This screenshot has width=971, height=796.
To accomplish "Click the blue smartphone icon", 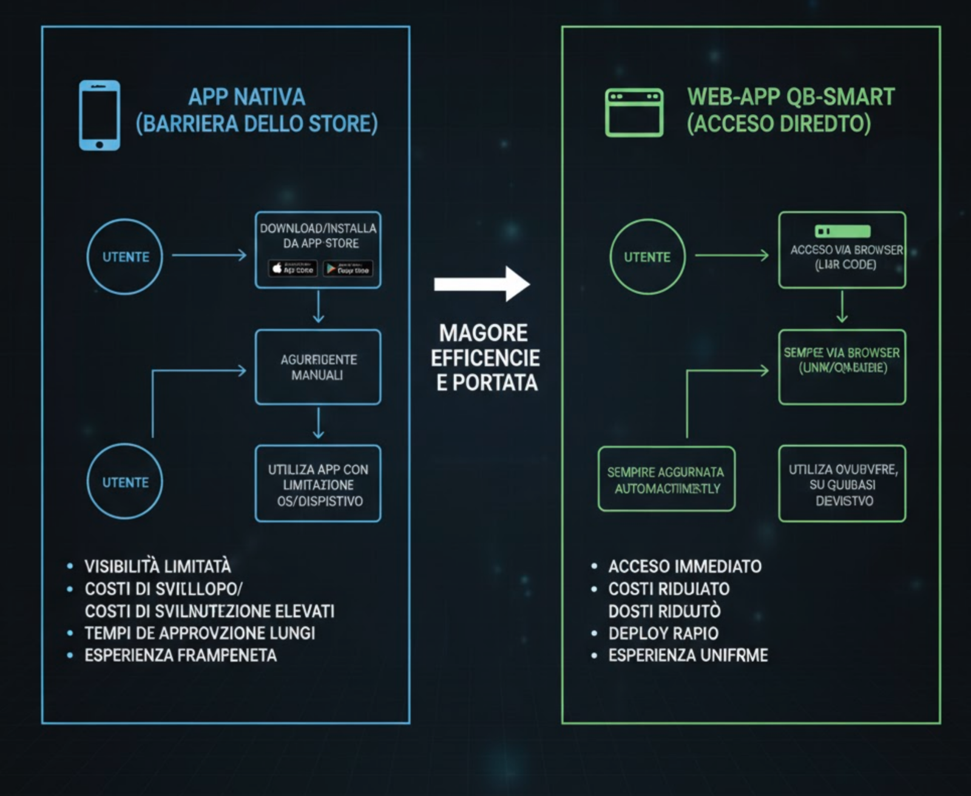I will pos(100,115).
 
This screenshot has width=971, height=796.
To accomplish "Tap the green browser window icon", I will pos(634,113).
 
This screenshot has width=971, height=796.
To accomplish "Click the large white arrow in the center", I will pos(482,284).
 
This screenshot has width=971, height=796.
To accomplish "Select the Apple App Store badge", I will pos(293,268).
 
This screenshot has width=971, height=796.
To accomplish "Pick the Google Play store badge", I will pos(348,268).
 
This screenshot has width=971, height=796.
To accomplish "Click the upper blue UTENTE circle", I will pos(125,257).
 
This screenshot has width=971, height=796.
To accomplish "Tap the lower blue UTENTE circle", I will pos(125,482).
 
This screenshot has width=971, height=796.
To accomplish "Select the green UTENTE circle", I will pos(648,257).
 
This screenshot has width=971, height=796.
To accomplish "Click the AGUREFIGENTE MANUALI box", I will pos(318,367).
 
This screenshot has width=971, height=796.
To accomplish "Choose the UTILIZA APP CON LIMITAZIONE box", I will pos(318,484).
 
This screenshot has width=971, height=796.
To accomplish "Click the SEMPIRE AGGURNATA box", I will pos(666,480).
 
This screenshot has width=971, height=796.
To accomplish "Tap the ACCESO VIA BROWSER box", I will pos(842,250).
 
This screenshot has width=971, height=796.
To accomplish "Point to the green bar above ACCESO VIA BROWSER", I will pos(842,231).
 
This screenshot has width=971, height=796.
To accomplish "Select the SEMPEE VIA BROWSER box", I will pos(842,367).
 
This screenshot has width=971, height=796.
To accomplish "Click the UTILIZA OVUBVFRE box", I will pos(842,484).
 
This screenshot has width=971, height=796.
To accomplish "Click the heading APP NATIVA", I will pos(246,97).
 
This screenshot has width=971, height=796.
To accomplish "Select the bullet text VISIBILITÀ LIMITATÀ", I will pos(158,566).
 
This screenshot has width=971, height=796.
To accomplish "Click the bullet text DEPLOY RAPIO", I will pos(663,633).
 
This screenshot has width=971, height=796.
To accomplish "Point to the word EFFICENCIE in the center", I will pos(486,358).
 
